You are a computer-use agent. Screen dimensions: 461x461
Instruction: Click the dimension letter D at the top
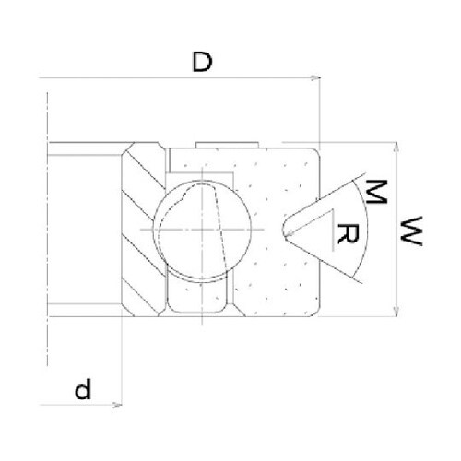pyautogui.click(x=202, y=62)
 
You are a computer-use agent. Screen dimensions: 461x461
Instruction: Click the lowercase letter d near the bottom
pyautogui.click(x=83, y=389)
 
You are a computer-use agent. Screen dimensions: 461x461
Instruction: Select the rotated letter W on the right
pyautogui.click(x=411, y=231)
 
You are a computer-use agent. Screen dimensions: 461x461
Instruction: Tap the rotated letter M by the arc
pyautogui.click(x=376, y=192)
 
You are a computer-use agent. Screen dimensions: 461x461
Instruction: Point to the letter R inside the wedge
pyautogui.click(x=348, y=234)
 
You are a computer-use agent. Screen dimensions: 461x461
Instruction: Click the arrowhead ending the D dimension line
pyautogui.click(x=316, y=78)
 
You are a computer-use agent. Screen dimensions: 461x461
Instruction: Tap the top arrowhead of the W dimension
pyautogui.click(x=397, y=147)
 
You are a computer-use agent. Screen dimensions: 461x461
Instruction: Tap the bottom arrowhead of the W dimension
pyautogui.click(x=397, y=312)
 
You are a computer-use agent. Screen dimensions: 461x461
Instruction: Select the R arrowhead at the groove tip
pyautogui.click(x=289, y=234)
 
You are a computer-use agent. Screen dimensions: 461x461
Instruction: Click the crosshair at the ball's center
pyautogui.click(x=202, y=230)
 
